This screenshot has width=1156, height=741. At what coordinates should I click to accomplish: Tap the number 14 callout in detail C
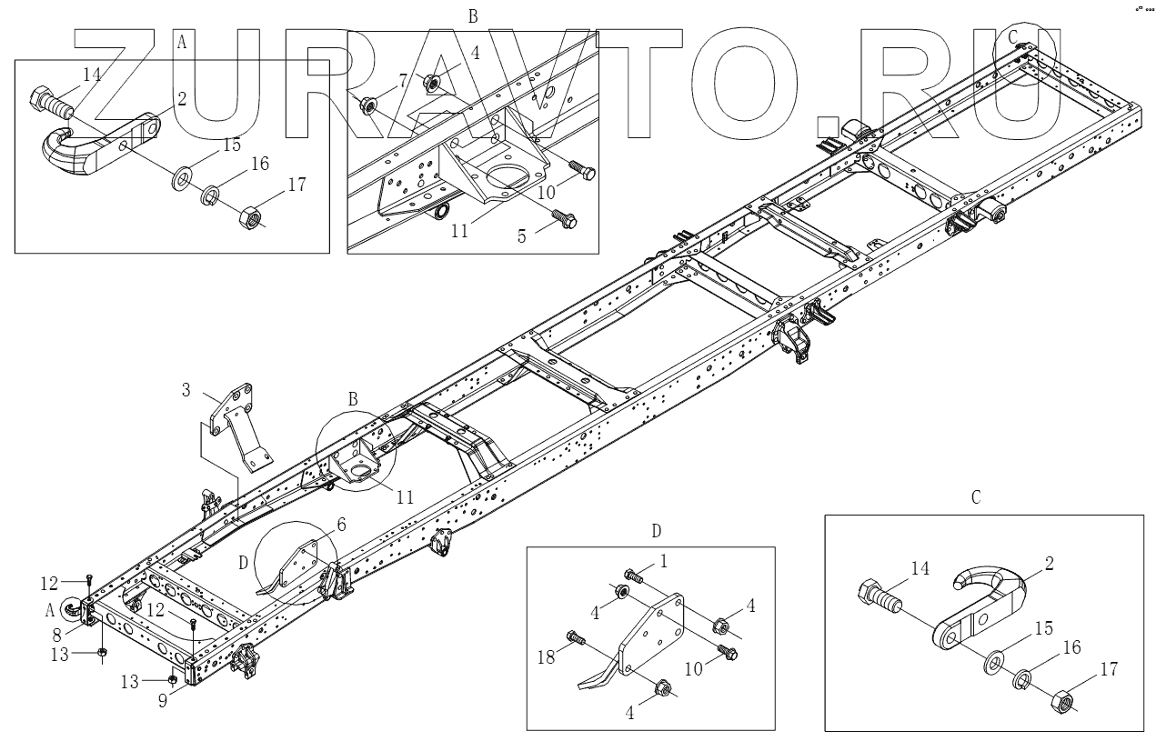point(920,568)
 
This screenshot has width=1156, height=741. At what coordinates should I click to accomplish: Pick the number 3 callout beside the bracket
point(186,392)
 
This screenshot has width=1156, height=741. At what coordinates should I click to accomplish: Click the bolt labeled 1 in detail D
point(633,576)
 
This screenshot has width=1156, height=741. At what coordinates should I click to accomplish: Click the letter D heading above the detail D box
point(656,531)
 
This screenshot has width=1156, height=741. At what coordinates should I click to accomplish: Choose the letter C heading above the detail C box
point(976,497)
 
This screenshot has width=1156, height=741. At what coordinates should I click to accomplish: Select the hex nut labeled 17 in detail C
point(1061,703)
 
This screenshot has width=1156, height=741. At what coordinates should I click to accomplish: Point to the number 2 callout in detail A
point(182,99)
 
